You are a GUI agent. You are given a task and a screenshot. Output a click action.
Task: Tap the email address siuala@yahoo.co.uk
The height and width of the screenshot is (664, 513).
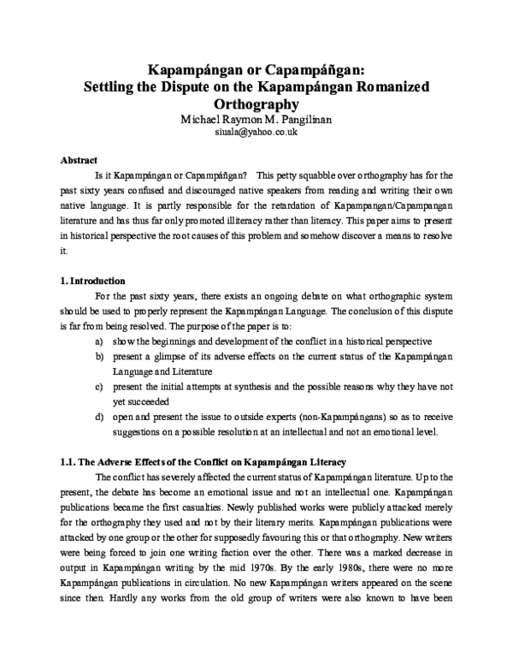[256, 133]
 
